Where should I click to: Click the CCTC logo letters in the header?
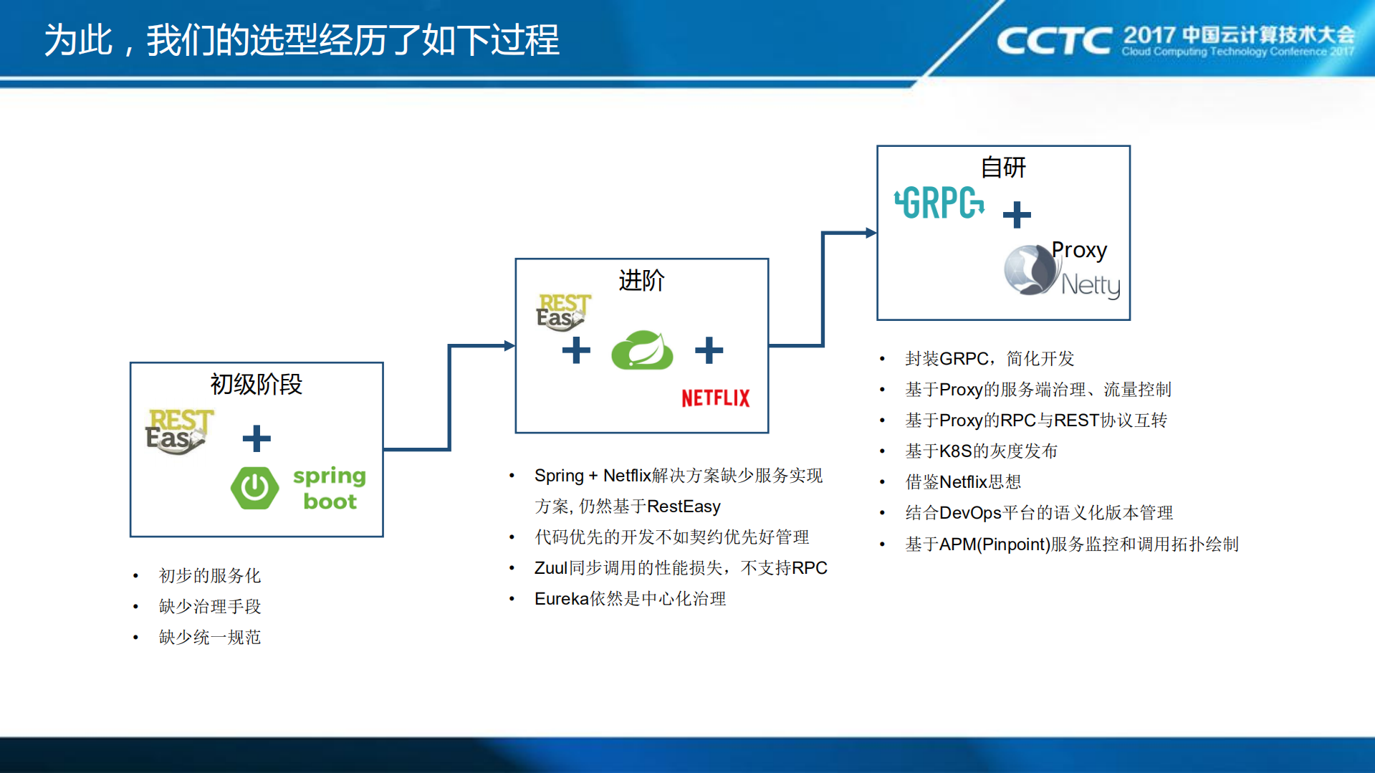(1054, 41)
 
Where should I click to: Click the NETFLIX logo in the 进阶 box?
(715, 398)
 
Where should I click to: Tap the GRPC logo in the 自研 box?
(939, 203)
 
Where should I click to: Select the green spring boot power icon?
(254, 488)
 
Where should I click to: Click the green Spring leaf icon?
(642, 350)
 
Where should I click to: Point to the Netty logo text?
(1090, 285)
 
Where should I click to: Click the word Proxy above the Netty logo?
(1079, 250)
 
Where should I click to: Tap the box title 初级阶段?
(256, 385)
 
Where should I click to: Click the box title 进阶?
(641, 280)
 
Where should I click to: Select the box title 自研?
(1002, 168)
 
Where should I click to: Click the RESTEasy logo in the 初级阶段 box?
(178, 431)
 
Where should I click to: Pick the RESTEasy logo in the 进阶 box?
(563, 312)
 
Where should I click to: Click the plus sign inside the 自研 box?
(1016, 214)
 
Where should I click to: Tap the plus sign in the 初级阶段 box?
(256, 438)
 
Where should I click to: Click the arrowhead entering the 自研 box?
(871, 233)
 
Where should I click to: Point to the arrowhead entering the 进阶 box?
(509, 346)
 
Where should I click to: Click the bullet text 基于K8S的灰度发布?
(981, 451)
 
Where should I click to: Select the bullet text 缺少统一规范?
(209, 637)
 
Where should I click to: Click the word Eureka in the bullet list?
(561, 599)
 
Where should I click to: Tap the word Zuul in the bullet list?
(550, 568)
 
